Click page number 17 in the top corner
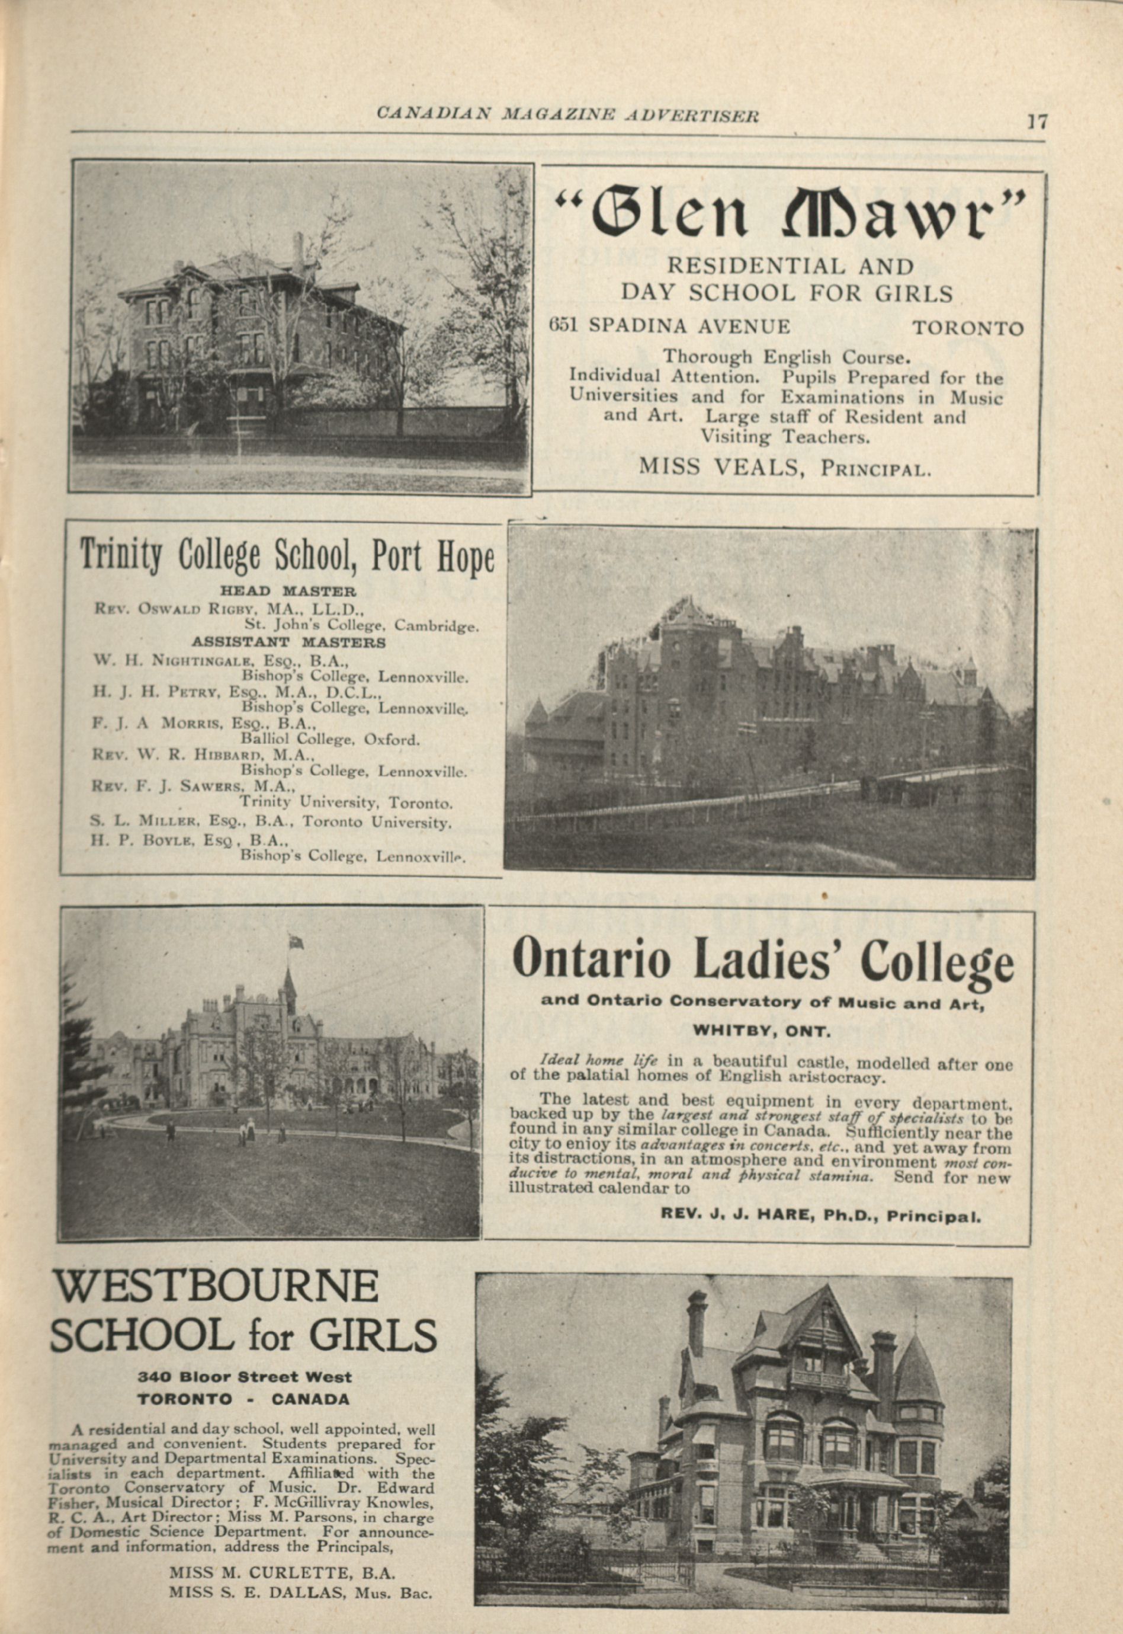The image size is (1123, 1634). (x=1037, y=121)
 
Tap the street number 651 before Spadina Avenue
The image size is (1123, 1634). (x=563, y=326)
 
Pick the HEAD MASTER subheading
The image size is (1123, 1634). (x=288, y=591)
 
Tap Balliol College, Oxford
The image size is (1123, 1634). (x=329, y=739)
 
